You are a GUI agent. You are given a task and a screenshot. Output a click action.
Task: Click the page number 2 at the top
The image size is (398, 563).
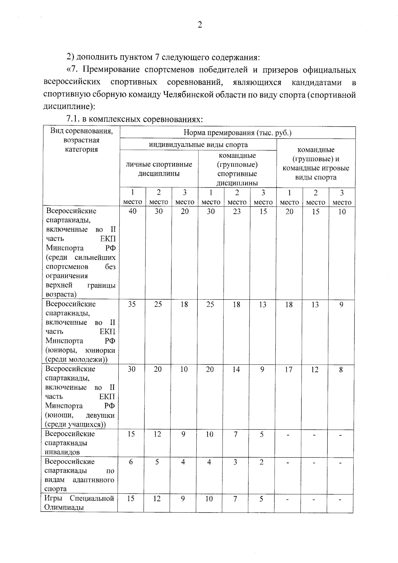pos(200,25)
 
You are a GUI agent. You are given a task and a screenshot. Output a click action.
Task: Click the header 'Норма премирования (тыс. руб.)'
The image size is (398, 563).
pos(237,133)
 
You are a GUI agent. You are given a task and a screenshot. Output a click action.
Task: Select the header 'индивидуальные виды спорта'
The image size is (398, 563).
pos(198,145)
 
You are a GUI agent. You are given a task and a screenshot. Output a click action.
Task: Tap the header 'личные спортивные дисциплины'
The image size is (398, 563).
pos(159,169)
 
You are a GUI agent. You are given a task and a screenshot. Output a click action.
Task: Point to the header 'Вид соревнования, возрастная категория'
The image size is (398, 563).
pos(81,140)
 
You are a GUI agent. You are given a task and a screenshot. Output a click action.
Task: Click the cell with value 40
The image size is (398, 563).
pos(132,212)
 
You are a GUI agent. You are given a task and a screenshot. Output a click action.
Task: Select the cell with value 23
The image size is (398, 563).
pos(237,212)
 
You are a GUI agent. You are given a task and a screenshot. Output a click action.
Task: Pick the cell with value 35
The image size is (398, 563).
pos(132,304)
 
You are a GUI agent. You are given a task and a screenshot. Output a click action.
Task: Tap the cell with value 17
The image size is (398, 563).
pos(289,369)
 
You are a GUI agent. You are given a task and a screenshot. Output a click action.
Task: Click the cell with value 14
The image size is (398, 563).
pos(236,369)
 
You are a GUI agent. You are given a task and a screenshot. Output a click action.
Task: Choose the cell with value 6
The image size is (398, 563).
pos(131,462)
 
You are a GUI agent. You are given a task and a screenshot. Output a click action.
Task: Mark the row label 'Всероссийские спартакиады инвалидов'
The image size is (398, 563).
pos(70,443)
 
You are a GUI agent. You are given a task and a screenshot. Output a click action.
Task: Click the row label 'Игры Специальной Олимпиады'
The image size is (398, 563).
pos(79,503)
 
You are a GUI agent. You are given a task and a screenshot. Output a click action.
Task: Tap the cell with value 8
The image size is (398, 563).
pos(341,369)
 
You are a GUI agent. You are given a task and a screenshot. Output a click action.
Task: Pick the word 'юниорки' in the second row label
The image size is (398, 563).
pos(100,350)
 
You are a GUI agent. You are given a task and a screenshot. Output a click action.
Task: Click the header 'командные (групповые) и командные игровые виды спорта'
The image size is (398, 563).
pos(316,163)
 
